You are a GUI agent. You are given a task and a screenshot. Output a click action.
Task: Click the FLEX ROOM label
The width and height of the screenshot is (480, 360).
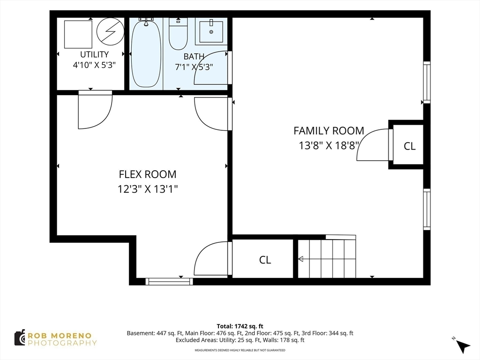click(148, 174)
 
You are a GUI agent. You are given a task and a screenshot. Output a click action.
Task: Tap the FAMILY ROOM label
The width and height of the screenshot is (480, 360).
click(329, 131)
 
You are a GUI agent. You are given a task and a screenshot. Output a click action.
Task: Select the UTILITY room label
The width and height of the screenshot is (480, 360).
click(94, 54)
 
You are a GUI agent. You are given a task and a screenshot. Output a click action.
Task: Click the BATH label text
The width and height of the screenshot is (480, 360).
click(194, 57)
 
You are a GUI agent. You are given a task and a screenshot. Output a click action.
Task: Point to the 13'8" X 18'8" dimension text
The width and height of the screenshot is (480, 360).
click(329, 145)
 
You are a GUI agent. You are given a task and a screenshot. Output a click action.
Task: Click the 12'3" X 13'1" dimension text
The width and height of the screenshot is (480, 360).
click(148, 189)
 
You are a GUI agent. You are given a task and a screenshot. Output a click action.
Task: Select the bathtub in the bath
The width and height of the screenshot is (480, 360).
click(146, 52)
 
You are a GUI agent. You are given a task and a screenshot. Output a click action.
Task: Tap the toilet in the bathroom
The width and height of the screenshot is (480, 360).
click(178, 34)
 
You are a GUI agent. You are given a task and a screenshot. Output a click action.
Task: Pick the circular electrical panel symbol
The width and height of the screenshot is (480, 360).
click(110, 31)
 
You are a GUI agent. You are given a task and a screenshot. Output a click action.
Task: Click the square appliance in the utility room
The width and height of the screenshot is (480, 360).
click(78, 34)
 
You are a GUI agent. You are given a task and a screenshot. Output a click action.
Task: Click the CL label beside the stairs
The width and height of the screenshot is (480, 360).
click(265, 260)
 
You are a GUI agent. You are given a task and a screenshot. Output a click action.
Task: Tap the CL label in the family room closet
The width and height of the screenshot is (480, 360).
click(410, 146)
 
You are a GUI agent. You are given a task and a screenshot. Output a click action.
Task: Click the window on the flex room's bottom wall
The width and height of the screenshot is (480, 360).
click(169, 281)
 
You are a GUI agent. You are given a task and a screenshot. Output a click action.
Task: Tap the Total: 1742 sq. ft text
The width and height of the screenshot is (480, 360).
click(240, 326)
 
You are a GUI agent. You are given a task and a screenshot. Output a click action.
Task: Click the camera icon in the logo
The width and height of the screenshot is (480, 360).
click(20, 338)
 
